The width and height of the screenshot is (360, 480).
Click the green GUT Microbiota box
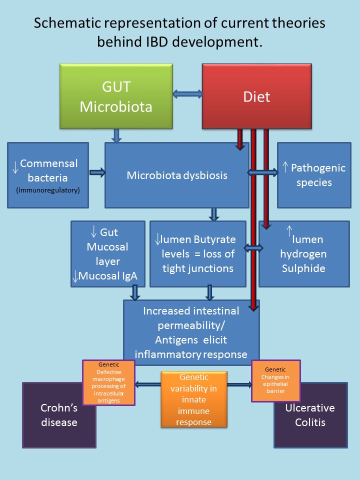[115, 96]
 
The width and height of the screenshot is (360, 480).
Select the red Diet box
[256, 96]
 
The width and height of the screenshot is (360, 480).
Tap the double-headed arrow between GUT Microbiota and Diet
[187, 93]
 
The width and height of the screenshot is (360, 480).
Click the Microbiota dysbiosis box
[176, 175]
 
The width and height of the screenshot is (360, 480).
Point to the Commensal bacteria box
[48, 175]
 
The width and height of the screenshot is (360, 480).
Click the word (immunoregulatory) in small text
[48, 190]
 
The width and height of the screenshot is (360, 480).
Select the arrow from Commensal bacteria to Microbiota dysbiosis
[96, 172]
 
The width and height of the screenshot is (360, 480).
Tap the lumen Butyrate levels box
[197, 254]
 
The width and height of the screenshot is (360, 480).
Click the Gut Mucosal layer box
[107, 247]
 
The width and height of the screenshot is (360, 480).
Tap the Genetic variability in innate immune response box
[193, 399]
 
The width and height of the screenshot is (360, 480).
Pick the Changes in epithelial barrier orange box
[272, 380]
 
